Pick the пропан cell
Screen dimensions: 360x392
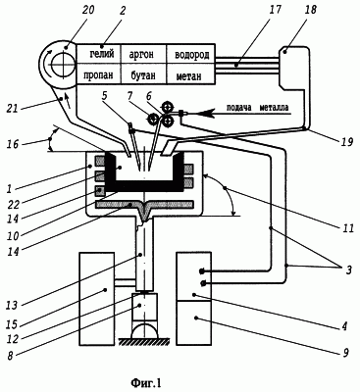point(98,74)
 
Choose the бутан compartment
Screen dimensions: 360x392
point(143,74)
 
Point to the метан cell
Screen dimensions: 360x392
point(191,74)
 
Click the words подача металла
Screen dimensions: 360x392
point(257,108)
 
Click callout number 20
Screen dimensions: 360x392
point(87,10)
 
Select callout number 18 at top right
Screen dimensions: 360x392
point(310,10)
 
